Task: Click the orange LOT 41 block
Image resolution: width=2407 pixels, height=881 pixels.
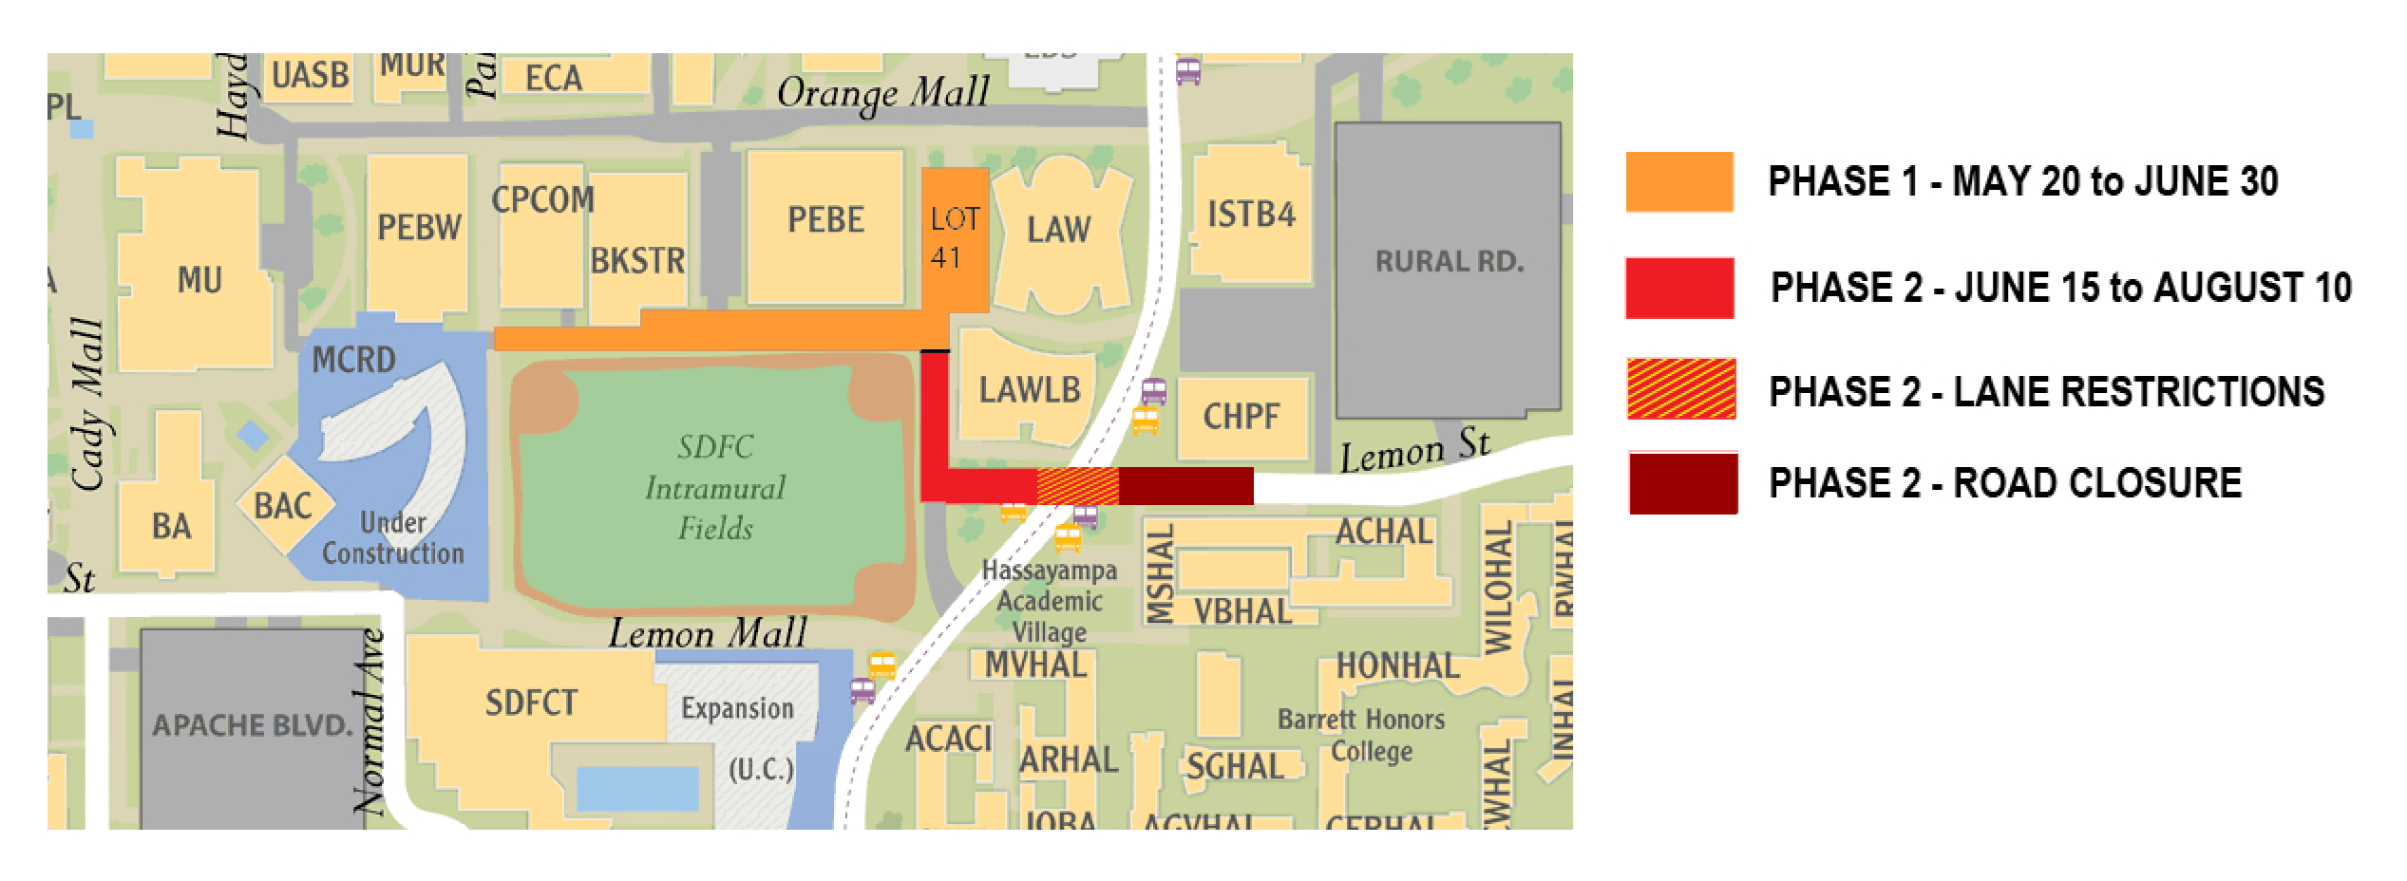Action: (955, 237)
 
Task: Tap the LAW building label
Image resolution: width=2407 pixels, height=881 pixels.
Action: (1058, 230)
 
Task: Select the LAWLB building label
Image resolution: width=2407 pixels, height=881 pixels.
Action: (1030, 389)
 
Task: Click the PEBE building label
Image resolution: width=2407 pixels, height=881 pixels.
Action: (825, 220)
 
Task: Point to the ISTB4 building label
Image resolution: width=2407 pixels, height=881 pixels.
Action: (1251, 215)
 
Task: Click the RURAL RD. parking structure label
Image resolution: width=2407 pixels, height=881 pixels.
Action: (1449, 262)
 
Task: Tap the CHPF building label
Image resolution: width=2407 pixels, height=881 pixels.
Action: (1241, 416)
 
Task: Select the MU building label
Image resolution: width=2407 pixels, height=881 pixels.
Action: (199, 281)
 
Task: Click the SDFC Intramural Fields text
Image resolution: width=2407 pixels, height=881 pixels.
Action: (714, 488)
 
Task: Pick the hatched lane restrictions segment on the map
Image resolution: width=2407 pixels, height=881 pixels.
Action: (1077, 485)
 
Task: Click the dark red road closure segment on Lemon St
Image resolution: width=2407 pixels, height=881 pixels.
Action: (1185, 485)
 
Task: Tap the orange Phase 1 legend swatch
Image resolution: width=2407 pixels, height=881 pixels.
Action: (1678, 181)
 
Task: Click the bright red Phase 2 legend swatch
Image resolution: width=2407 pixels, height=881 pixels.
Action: (1678, 288)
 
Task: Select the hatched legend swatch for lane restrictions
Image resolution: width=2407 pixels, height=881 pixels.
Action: (1680, 389)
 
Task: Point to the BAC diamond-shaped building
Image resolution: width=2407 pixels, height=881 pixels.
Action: (283, 506)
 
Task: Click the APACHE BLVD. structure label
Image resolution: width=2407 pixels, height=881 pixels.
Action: (252, 726)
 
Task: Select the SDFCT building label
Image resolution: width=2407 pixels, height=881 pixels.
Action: (531, 703)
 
